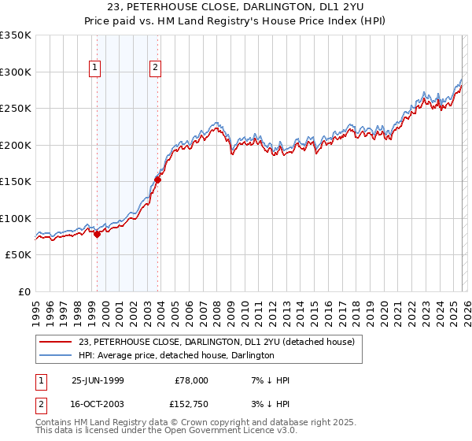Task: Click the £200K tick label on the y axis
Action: coord(15,145)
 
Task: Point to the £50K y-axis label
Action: coord(17,255)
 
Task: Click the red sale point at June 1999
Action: coord(98,234)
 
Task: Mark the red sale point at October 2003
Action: coord(157,180)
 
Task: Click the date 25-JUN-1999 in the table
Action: coord(98,380)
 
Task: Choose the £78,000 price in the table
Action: coord(190,380)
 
